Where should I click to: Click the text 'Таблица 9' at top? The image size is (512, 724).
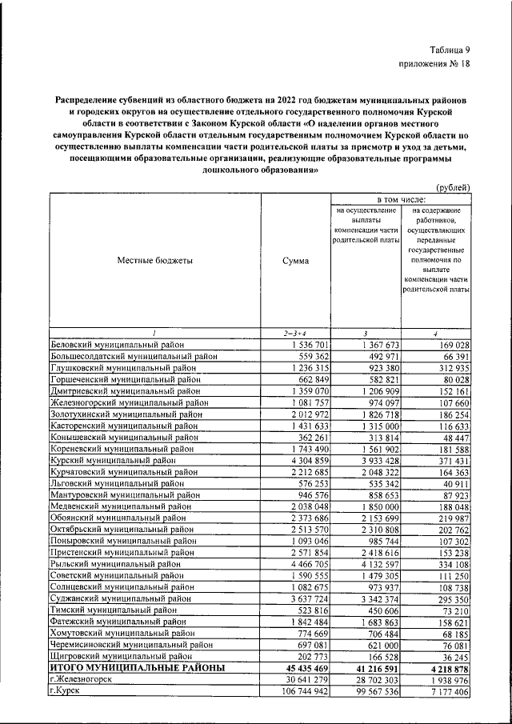448,50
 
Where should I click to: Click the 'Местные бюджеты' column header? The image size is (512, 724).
154,261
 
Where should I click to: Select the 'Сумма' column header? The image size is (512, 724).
295,261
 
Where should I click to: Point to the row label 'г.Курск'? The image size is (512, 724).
65,690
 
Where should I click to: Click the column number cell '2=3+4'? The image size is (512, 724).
295,332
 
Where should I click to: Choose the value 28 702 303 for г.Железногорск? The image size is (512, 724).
371,678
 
